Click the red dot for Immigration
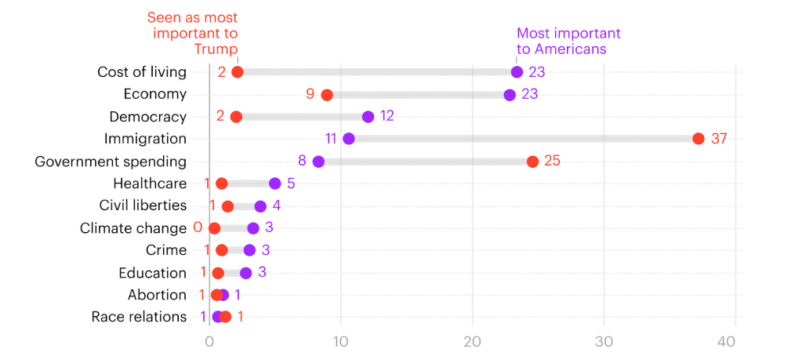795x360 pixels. [699, 139]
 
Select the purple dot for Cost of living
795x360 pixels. [517, 72]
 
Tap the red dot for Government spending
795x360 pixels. [532, 162]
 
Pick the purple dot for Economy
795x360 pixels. [510, 95]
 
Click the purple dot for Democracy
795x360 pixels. [368, 117]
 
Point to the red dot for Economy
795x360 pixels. [327, 95]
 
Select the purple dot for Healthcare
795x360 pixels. [274, 184]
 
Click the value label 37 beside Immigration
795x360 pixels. [720, 139]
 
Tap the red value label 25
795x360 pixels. [552, 162]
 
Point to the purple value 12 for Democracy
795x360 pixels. [387, 117]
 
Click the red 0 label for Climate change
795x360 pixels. [198, 228]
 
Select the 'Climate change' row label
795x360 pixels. [133, 228]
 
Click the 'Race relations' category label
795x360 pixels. [139, 317]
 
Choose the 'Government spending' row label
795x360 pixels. [111, 162]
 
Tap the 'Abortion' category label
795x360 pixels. [157, 295]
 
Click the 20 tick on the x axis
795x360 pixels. [472, 342]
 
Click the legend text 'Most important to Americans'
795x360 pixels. [568, 41]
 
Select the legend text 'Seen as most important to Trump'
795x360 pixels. [195, 34]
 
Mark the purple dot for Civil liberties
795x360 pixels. [260, 206]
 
